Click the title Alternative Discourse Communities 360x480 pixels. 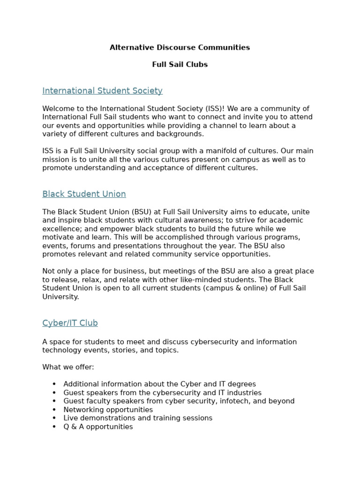tap(180, 47)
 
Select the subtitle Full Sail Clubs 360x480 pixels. tap(180, 65)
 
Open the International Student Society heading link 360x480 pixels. tap(102, 91)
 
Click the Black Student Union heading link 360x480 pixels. tap(84, 194)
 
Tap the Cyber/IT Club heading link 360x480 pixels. tap(70, 323)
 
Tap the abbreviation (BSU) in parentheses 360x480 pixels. tap(138, 212)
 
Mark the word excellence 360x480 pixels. tap(61, 229)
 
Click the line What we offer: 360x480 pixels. tap(68, 367)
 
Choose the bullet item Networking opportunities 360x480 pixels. tap(108, 410)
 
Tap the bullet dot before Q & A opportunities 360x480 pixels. tap(54, 427)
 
